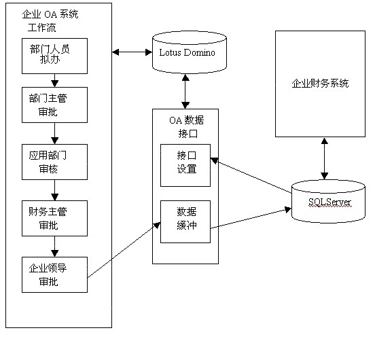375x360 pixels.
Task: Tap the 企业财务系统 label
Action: pyautogui.click(x=320, y=83)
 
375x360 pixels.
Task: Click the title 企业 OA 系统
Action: pyautogui.click(x=50, y=14)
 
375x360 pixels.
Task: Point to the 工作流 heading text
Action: pyautogui.click(x=42, y=27)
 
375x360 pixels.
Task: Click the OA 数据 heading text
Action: pyautogui.click(x=187, y=120)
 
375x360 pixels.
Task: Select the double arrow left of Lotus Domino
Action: pyautogui.click(x=132, y=52)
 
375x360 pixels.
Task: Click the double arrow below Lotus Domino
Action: pyautogui.click(x=185, y=91)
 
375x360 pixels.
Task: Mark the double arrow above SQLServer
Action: pyautogui.click(x=324, y=158)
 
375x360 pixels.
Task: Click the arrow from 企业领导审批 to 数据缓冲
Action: pyautogui.click(x=124, y=250)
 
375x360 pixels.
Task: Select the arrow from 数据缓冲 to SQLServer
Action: pyautogui.click(x=251, y=218)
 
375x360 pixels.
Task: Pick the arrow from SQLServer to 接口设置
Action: pyautogui.click(x=251, y=175)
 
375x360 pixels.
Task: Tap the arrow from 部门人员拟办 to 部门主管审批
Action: pyautogui.click(x=54, y=80)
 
